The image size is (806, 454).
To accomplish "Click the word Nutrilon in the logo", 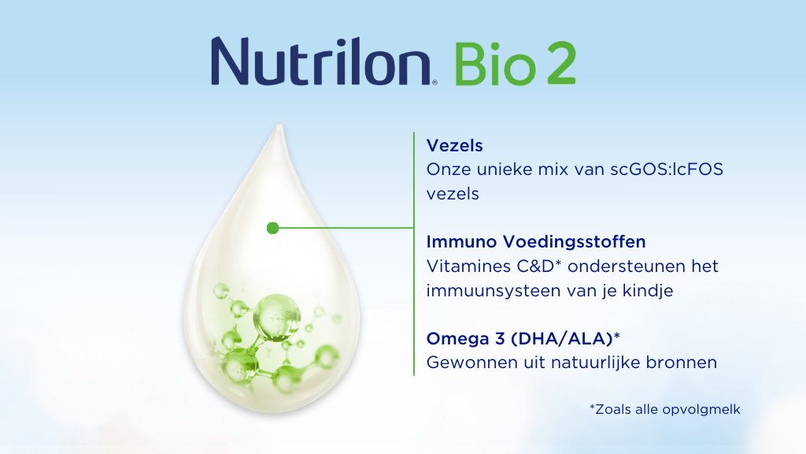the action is click(x=321, y=61).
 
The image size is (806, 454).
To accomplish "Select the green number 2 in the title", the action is click(x=560, y=63).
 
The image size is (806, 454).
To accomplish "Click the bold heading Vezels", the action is click(x=454, y=146).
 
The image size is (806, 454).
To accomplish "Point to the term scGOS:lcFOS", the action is click(x=667, y=169).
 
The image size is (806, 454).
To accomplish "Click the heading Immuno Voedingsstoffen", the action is click(x=535, y=242).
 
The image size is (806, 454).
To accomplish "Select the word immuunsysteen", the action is click(x=494, y=292).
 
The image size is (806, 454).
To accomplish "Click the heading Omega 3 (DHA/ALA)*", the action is click(x=523, y=339).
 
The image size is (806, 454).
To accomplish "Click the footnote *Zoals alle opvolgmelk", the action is click(x=664, y=409).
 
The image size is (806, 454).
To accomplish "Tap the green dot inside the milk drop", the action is click(x=273, y=228).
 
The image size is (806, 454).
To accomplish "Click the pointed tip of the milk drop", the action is click(x=279, y=125).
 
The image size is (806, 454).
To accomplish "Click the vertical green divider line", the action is click(x=414, y=254).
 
